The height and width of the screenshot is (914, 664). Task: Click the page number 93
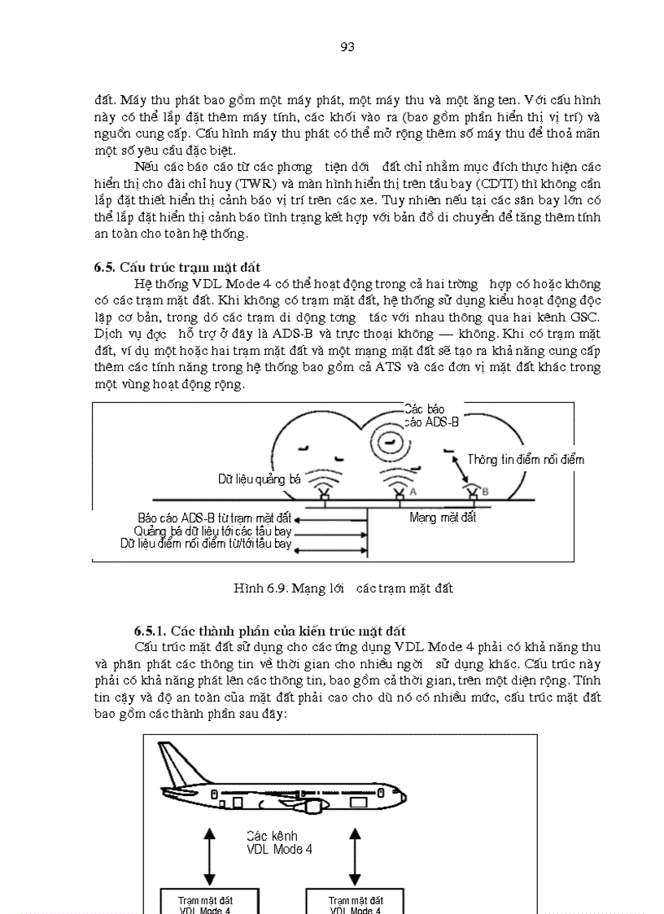347,46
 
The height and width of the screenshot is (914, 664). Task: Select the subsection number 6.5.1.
151,631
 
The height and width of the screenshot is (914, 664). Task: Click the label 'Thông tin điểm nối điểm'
526,460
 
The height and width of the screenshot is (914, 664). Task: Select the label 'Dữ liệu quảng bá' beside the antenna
259,479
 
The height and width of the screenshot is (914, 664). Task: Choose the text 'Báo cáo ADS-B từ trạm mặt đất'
215,518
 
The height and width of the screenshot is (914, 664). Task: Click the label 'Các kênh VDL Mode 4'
279,842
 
